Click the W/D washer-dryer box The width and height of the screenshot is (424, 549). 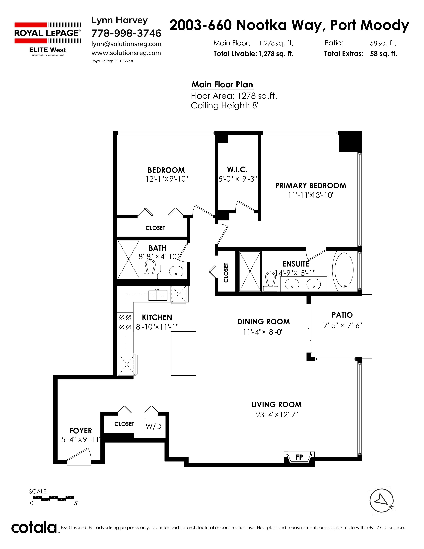pos(153,427)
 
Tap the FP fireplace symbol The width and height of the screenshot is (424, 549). pos(299,457)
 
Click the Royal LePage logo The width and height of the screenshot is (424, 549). pos(48,39)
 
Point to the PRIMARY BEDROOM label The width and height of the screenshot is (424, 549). pos(311,185)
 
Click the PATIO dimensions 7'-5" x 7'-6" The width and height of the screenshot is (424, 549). pos(343,326)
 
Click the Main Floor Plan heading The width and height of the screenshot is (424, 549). pos(222,85)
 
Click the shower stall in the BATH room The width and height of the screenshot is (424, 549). pos(129,259)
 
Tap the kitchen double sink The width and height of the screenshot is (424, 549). pos(157,295)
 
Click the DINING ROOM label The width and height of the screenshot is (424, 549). pos(264,322)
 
